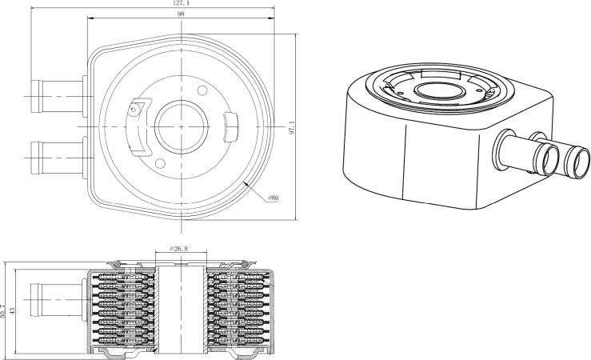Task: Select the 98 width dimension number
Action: point(181,14)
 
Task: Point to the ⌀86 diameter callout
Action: point(273,198)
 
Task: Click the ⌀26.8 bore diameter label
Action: point(178,249)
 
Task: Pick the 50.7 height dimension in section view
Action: point(4,311)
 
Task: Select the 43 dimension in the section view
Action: point(12,311)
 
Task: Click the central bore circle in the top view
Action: point(182,126)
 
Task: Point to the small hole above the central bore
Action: point(202,90)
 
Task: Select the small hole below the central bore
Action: point(160,164)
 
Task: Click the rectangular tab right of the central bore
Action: point(231,127)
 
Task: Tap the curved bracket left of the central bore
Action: point(138,127)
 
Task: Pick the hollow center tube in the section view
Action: point(182,310)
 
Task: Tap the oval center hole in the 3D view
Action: point(439,91)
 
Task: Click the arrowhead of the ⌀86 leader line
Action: point(246,184)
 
